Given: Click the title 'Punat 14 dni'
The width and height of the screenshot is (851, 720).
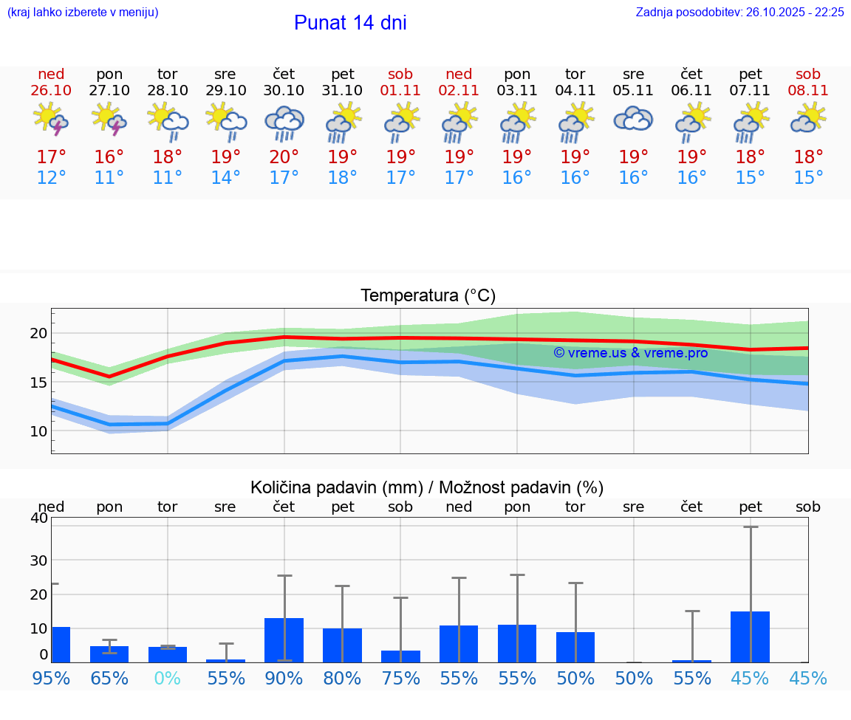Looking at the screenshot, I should pyautogui.click(x=350, y=23).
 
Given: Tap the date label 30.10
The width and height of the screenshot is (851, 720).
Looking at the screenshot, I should pyautogui.click(x=284, y=90).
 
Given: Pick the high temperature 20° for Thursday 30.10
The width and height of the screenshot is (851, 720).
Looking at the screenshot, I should pyautogui.click(x=284, y=157).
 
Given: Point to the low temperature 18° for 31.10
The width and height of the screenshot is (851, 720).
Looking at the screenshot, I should pyautogui.click(x=342, y=178).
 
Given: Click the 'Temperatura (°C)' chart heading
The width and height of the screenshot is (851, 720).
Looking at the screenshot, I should pyautogui.click(x=428, y=296).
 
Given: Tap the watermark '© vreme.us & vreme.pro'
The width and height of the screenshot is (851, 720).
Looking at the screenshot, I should pyautogui.click(x=630, y=352).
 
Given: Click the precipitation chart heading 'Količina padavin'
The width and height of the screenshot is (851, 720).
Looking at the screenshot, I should pyautogui.click(x=427, y=487).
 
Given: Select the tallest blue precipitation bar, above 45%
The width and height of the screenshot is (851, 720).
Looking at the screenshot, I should pyautogui.click(x=750, y=637).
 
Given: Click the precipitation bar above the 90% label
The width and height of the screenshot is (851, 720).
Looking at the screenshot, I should pyautogui.click(x=284, y=640).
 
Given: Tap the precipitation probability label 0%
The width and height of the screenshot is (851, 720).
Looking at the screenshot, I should pyautogui.click(x=167, y=678).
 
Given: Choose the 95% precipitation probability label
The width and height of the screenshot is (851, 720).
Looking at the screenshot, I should pyautogui.click(x=51, y=678).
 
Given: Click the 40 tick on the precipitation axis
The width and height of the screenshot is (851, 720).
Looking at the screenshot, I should pyautogui.click(x=38, y=518).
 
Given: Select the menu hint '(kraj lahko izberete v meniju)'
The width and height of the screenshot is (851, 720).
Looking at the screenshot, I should pyautogui.click(x=83, y=12).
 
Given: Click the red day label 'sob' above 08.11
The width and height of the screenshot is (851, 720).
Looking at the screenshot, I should pyautogui.click(x=807, y=74).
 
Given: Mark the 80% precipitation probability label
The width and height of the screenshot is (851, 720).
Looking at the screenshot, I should pyautogui.click(x=342, y=678).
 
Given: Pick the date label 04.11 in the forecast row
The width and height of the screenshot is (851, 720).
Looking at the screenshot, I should pyautogui.click(x=575, y=90).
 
